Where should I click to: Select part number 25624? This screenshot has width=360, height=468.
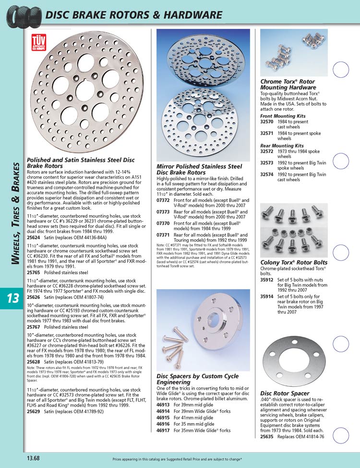(x=34, y=237)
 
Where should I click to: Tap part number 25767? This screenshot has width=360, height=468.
(x=34, y=327)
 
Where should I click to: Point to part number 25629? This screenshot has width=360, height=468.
(x=34, y=411)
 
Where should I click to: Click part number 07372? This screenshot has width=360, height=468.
(x=164, y=199)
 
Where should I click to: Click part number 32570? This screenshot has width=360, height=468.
(x=267, y=123)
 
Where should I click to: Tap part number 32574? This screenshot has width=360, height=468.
(x=267, y=175)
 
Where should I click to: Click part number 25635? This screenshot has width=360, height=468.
(x=267, y=437)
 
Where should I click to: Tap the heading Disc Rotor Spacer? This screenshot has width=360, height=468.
(x=285, y=393)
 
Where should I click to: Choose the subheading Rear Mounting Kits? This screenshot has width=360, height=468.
(x=282, y=145)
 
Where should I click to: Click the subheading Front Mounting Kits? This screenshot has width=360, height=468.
(x=283, y=116)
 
